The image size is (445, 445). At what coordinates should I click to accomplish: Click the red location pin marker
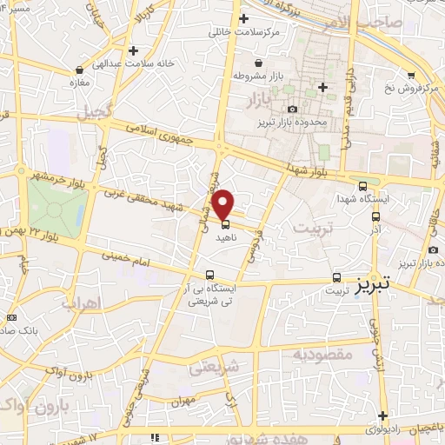coord(223,203)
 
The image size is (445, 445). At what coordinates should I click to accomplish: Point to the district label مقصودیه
coord(321,355)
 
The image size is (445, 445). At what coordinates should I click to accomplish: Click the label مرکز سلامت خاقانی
coord(242,33)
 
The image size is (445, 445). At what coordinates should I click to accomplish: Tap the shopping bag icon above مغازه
coord(80,69)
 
